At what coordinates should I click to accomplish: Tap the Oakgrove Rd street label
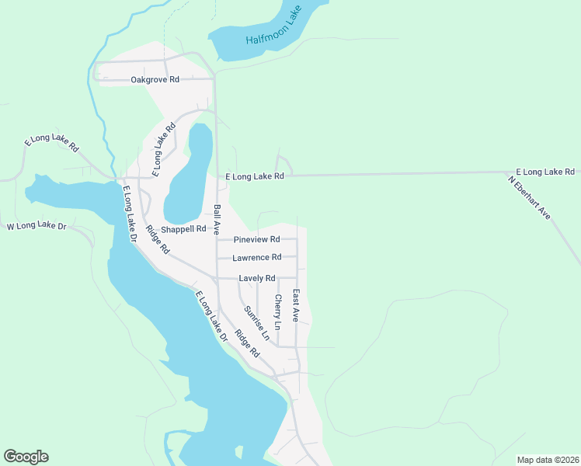[155, 80]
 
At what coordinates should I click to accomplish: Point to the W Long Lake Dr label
[37, 227]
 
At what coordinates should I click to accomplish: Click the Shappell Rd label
[183, 229]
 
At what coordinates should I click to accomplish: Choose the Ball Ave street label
[217, 220]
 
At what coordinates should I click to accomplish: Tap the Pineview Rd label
[256, 240]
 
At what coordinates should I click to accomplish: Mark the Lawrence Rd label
[256, 258]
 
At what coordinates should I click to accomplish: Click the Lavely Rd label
[257, 278]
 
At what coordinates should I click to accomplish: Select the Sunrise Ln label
[256, 323]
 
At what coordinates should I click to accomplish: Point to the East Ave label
[295, 305]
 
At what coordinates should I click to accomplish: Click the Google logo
[26, 457]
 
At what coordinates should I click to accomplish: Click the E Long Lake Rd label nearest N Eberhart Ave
[545, 172]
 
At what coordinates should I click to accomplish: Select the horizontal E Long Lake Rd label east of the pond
[255, 177]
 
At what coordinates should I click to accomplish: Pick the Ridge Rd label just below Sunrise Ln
[247, 344]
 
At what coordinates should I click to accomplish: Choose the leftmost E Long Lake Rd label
[52, 142]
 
